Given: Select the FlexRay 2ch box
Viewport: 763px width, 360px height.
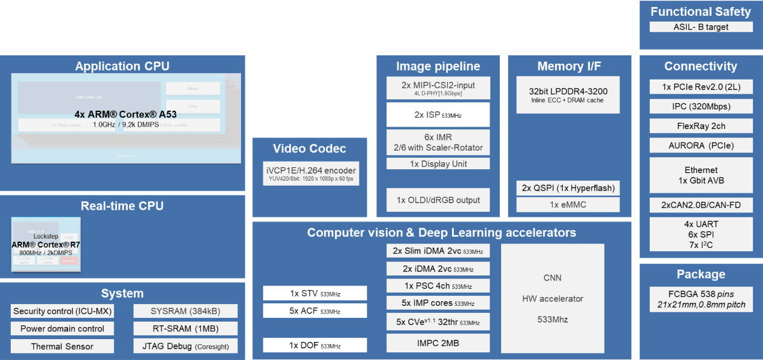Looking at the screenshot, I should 701,125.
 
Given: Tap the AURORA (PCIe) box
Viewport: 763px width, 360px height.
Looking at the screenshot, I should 701,146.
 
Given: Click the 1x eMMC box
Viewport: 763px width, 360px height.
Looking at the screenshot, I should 567,205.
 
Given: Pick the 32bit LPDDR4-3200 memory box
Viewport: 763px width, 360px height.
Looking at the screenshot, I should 567,95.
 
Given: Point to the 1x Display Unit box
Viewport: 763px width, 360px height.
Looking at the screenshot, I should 438,163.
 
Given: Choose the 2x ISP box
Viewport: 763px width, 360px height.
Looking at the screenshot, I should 438,115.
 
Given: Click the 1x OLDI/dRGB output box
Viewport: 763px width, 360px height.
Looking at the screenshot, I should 438,200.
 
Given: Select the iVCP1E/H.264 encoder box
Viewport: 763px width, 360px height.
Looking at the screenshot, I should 310,174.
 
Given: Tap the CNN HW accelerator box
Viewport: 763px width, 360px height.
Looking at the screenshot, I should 553,298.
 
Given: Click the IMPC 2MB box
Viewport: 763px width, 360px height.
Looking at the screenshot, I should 438,343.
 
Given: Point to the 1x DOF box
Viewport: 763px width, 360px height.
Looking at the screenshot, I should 315,345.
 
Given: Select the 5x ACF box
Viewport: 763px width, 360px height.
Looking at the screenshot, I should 315,311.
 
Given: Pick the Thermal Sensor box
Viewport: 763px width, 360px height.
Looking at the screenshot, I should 62,347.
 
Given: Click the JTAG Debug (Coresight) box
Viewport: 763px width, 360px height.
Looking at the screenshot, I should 186,347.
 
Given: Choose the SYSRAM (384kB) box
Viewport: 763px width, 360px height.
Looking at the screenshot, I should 186,311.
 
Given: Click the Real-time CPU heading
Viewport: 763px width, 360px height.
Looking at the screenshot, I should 122,206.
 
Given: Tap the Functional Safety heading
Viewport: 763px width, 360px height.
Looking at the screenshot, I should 701,11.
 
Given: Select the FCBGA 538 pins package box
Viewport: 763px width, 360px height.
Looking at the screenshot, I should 701,300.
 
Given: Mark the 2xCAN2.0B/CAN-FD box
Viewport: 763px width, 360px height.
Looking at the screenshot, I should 701,205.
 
